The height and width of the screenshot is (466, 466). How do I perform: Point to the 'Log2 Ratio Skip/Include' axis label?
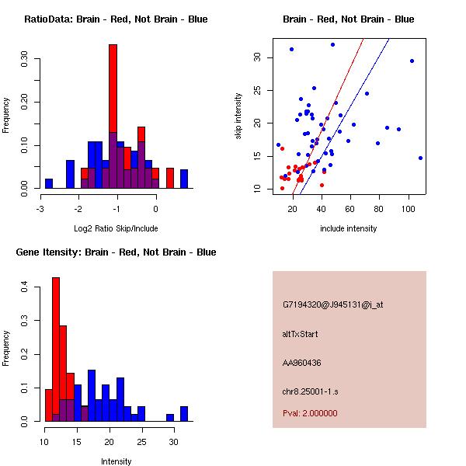tap(116, 228)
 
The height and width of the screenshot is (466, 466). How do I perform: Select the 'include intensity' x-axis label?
tap(349, 228)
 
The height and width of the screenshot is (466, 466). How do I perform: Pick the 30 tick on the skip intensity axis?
tap(257, 57)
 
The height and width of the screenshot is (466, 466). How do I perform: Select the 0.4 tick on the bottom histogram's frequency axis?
tap(23, 287)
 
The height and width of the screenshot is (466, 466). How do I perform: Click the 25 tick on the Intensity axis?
tap(142, 443)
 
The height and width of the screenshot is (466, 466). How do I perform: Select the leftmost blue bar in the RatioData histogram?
tap(49, 183)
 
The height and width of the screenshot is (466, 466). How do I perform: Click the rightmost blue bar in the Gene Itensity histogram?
tap(184, 413)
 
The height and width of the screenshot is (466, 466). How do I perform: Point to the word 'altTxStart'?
tap(301, 334)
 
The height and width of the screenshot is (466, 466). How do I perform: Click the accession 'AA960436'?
tap(302, 363)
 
